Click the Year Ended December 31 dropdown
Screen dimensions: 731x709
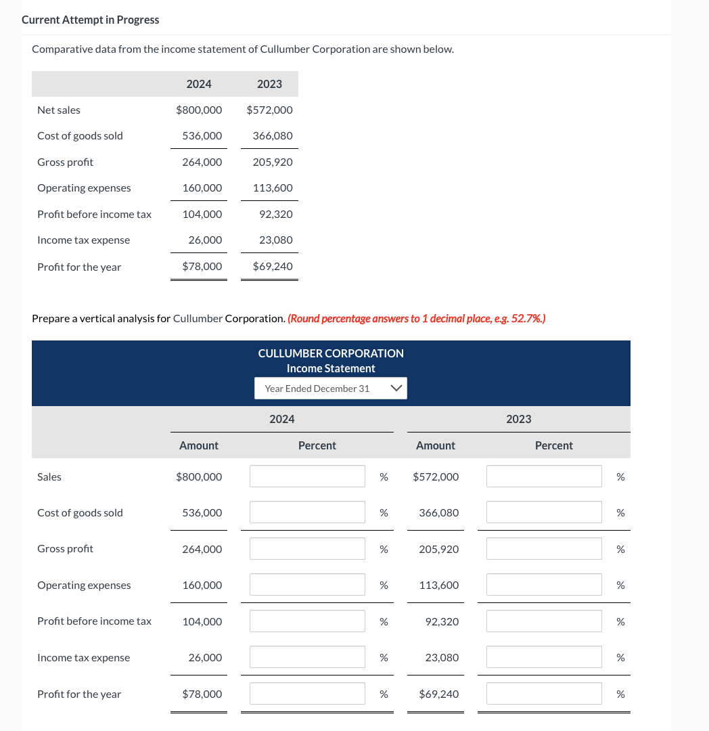(x=330, y=389)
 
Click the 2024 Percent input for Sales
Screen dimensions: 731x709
(x=307, y=477)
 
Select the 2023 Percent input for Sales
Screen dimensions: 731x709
(x=544, y=477)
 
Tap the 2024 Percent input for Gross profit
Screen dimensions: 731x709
(x=307, y=549)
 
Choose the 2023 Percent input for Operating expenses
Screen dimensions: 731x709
(x=544, y=585)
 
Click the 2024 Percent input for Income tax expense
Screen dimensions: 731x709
(x=307, y=657)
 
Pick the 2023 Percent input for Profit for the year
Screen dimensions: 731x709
(x=544, y=694)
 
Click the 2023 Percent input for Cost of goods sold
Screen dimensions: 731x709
(x=544, y=512)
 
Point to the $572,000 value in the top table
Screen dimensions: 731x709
(x=269, y=110)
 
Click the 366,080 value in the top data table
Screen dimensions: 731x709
(x=273, y=135)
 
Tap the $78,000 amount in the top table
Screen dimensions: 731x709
(x=202, y=267)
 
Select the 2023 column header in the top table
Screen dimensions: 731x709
(x=269, y=84)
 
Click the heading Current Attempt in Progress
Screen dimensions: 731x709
(x=91, y=20)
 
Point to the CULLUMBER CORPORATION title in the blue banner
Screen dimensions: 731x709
(x=331, y=353)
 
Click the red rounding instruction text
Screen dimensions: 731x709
(x=417, y=318)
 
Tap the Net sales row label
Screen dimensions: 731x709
(x=59, y=110)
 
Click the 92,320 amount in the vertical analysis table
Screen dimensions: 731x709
(x=442, y=621)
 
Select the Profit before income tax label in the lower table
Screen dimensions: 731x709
(x=94, y=621)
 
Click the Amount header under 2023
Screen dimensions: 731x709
(x=435, y=445)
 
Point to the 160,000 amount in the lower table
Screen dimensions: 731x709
(x=202, y=585)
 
